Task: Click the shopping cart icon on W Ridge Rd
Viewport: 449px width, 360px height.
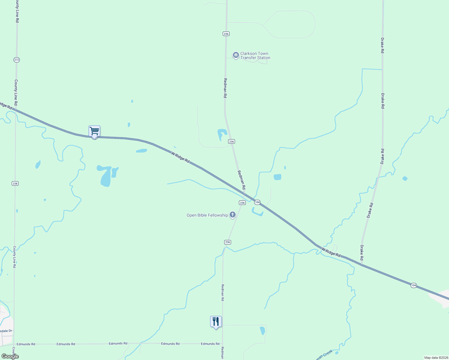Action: tap(94, 131)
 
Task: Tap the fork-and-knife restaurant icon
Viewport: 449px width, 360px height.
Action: tap(216, 322)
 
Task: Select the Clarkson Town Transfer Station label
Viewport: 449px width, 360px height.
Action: tap(255, 56)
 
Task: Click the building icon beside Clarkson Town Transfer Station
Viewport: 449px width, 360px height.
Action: tap(236, 55)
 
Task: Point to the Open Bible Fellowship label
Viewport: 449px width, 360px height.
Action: tap(207, 215)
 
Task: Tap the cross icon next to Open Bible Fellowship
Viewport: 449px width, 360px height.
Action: tap(232, 215)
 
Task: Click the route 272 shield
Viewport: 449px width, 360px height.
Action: tap(17, 60)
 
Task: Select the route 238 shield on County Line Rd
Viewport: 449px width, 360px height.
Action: tap(15, 183)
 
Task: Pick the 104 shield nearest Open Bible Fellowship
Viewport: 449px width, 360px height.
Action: tap(257, 202)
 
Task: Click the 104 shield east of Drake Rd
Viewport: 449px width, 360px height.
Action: tap(414, 285)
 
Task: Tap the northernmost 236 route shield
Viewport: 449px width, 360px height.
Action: tap(226, 34)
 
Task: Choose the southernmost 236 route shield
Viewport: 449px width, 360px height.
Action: tap(228, 242)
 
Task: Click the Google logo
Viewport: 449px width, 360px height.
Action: tap(10, 356)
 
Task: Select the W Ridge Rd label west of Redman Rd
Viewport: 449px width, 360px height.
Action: tap(180, 157)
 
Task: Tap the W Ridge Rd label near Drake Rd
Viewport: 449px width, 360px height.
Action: tap(331, 252)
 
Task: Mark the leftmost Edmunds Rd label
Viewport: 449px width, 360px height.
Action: tap(26, 344)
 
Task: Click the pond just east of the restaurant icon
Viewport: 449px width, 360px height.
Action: tap(262, 331)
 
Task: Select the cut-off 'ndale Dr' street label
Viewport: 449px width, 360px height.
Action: tap(6, 331)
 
